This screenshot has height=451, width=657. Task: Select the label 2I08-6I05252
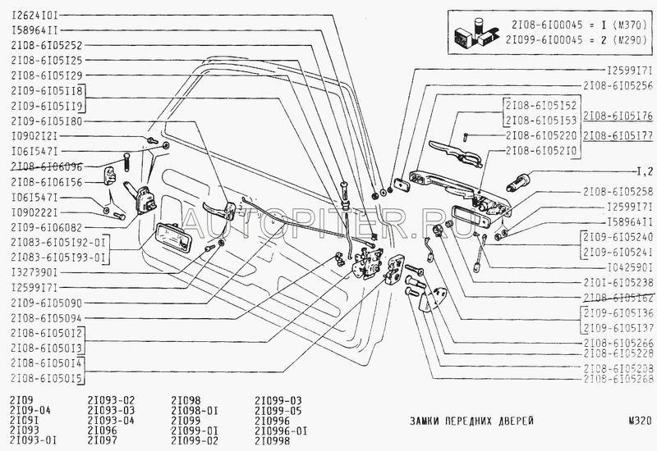46,45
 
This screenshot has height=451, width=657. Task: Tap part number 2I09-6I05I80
46,121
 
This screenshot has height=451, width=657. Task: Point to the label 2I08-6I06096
46,165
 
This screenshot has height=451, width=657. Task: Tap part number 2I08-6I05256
618,84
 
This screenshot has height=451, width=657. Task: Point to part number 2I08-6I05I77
618,135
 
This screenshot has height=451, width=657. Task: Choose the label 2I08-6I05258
618,191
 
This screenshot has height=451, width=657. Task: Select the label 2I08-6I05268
618,379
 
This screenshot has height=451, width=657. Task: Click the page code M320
637,421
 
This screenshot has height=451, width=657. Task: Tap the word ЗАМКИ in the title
427,421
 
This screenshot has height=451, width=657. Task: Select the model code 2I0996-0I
281,430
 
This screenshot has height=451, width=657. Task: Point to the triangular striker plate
434,298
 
